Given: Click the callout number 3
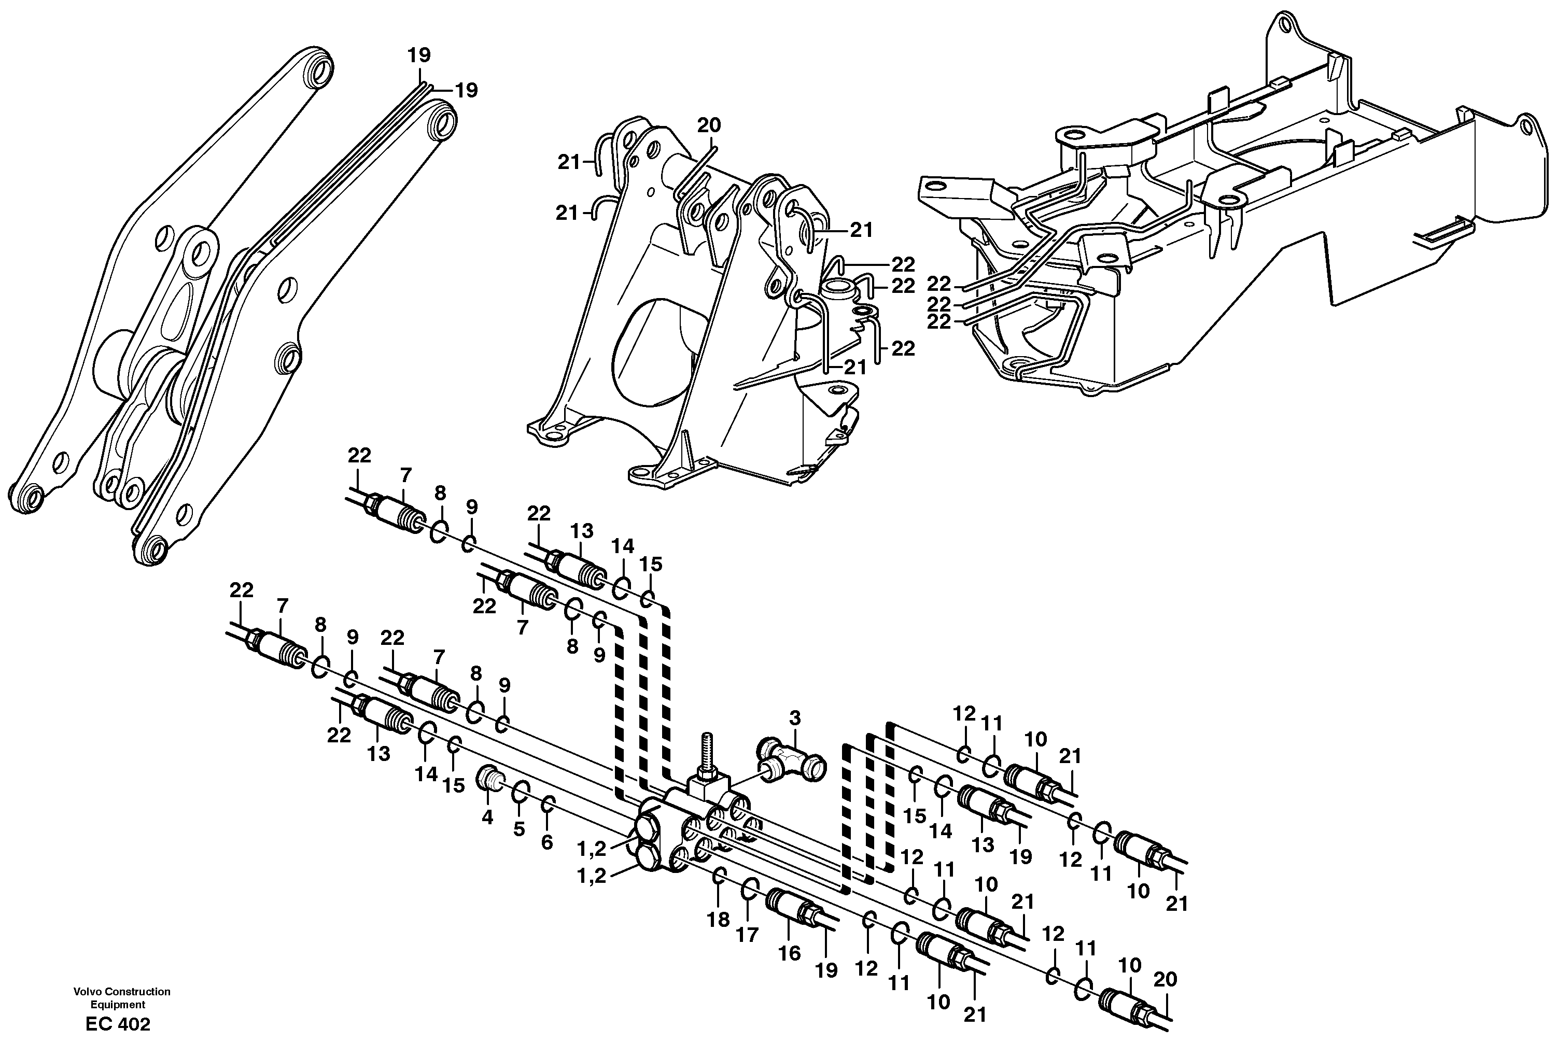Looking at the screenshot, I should pos(795,718).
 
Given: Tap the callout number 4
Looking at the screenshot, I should pos(487,818).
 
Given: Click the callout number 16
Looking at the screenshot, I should pos(790,954).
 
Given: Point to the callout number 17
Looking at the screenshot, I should pos(747,935).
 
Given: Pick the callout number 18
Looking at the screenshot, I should pos(718,920).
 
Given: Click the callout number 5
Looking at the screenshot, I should pos(519,829).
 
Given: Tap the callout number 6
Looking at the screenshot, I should pos(546,843).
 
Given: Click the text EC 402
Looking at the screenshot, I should pos(118,1024).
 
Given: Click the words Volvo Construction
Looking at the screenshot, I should pos(122,992).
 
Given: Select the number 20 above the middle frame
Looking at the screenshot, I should pos(709,125).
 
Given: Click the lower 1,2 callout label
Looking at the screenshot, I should pos(591,877).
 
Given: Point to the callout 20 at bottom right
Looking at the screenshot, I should pos(1165,979).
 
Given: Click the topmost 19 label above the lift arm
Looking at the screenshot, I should pos(419,54).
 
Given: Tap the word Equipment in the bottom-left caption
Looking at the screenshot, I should pos(118,1005).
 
